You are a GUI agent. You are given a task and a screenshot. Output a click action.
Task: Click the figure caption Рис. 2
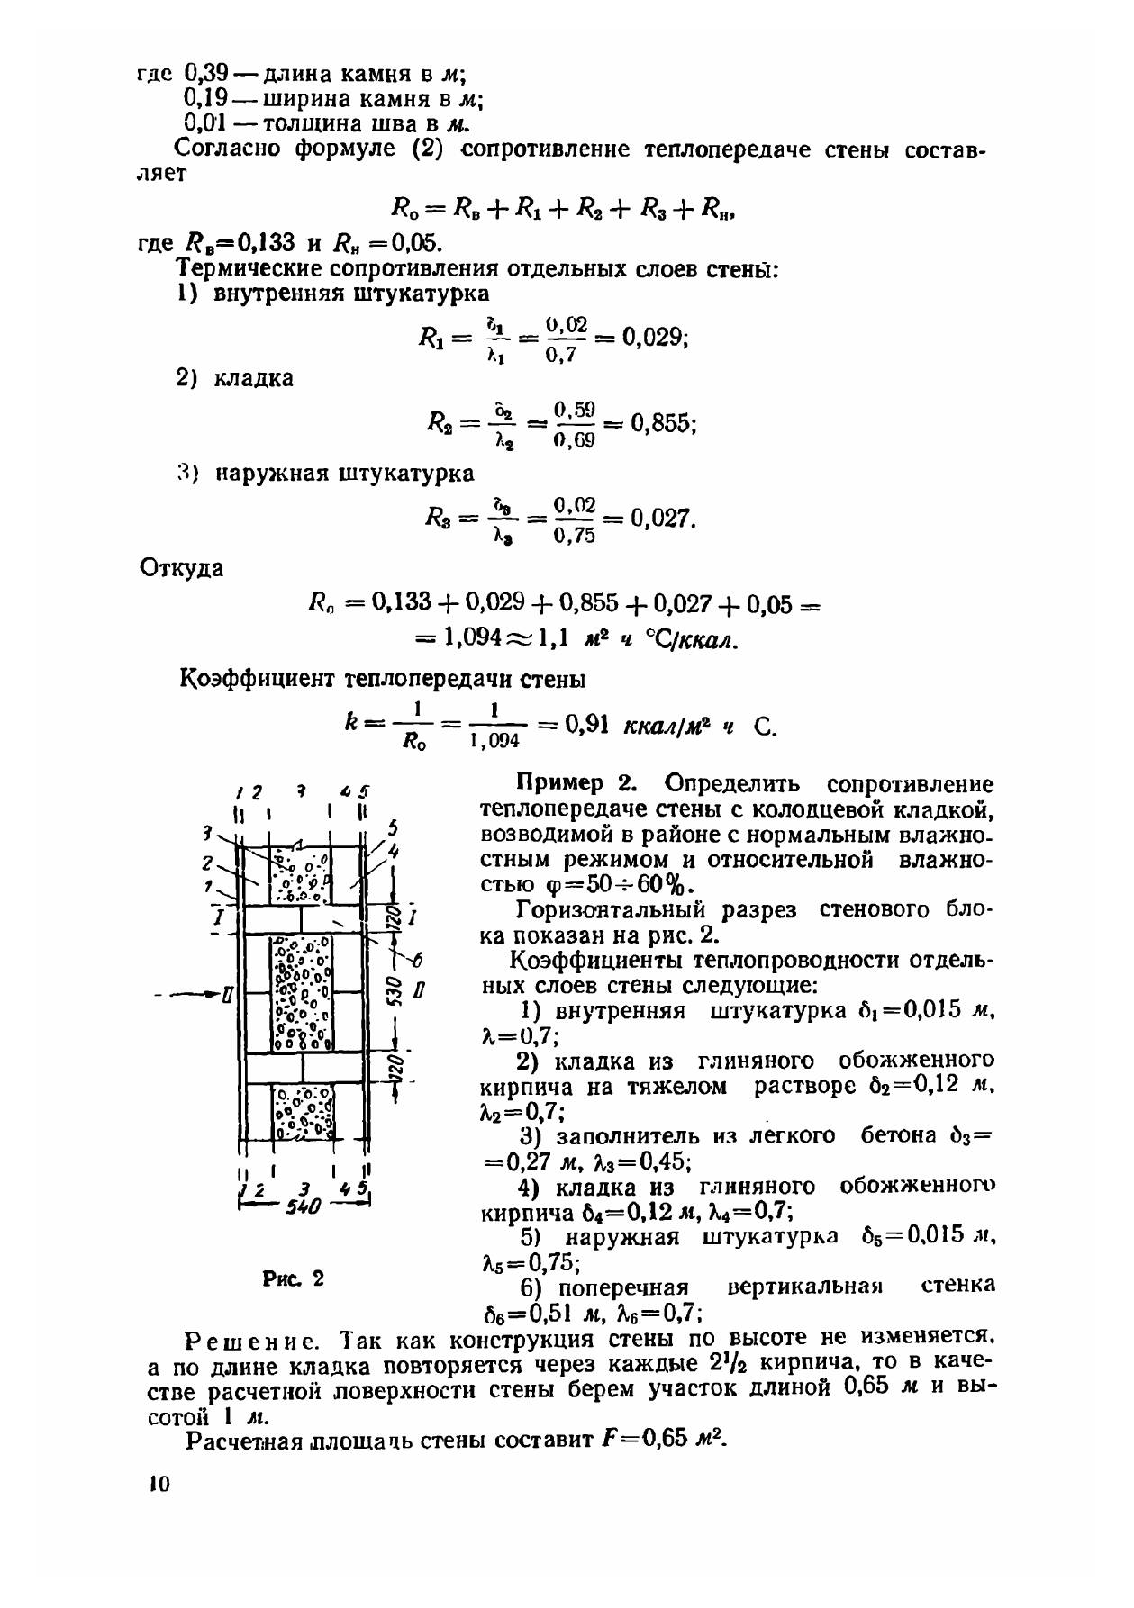[293, 1278]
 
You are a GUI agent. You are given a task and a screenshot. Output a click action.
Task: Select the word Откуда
[182, 568]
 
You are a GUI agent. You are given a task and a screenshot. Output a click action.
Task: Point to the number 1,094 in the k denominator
[494, 740]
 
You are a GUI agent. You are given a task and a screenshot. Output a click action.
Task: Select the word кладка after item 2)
[253, 378]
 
